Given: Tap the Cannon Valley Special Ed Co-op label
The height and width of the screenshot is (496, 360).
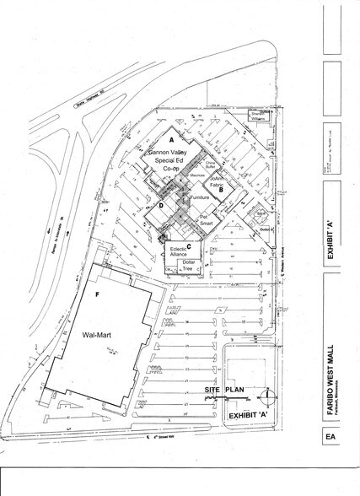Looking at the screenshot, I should click(x=173, y=162).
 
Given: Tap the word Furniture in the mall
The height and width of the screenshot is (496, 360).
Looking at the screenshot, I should click(x=199, y=197).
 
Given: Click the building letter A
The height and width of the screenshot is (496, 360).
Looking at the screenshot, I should click(x=171, y=137).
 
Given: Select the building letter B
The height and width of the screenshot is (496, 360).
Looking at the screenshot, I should click(x=221, y=191).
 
